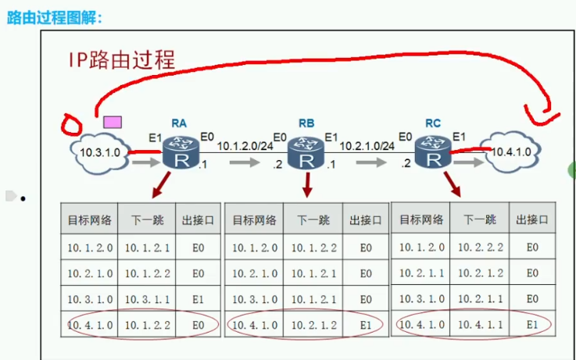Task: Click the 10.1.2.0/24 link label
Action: click(245, 144)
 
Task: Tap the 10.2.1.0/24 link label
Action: click(367, 144)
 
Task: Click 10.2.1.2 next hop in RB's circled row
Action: click(315, 323)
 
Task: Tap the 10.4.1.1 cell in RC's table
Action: click(480, 323)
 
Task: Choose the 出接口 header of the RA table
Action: click(199, 220)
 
